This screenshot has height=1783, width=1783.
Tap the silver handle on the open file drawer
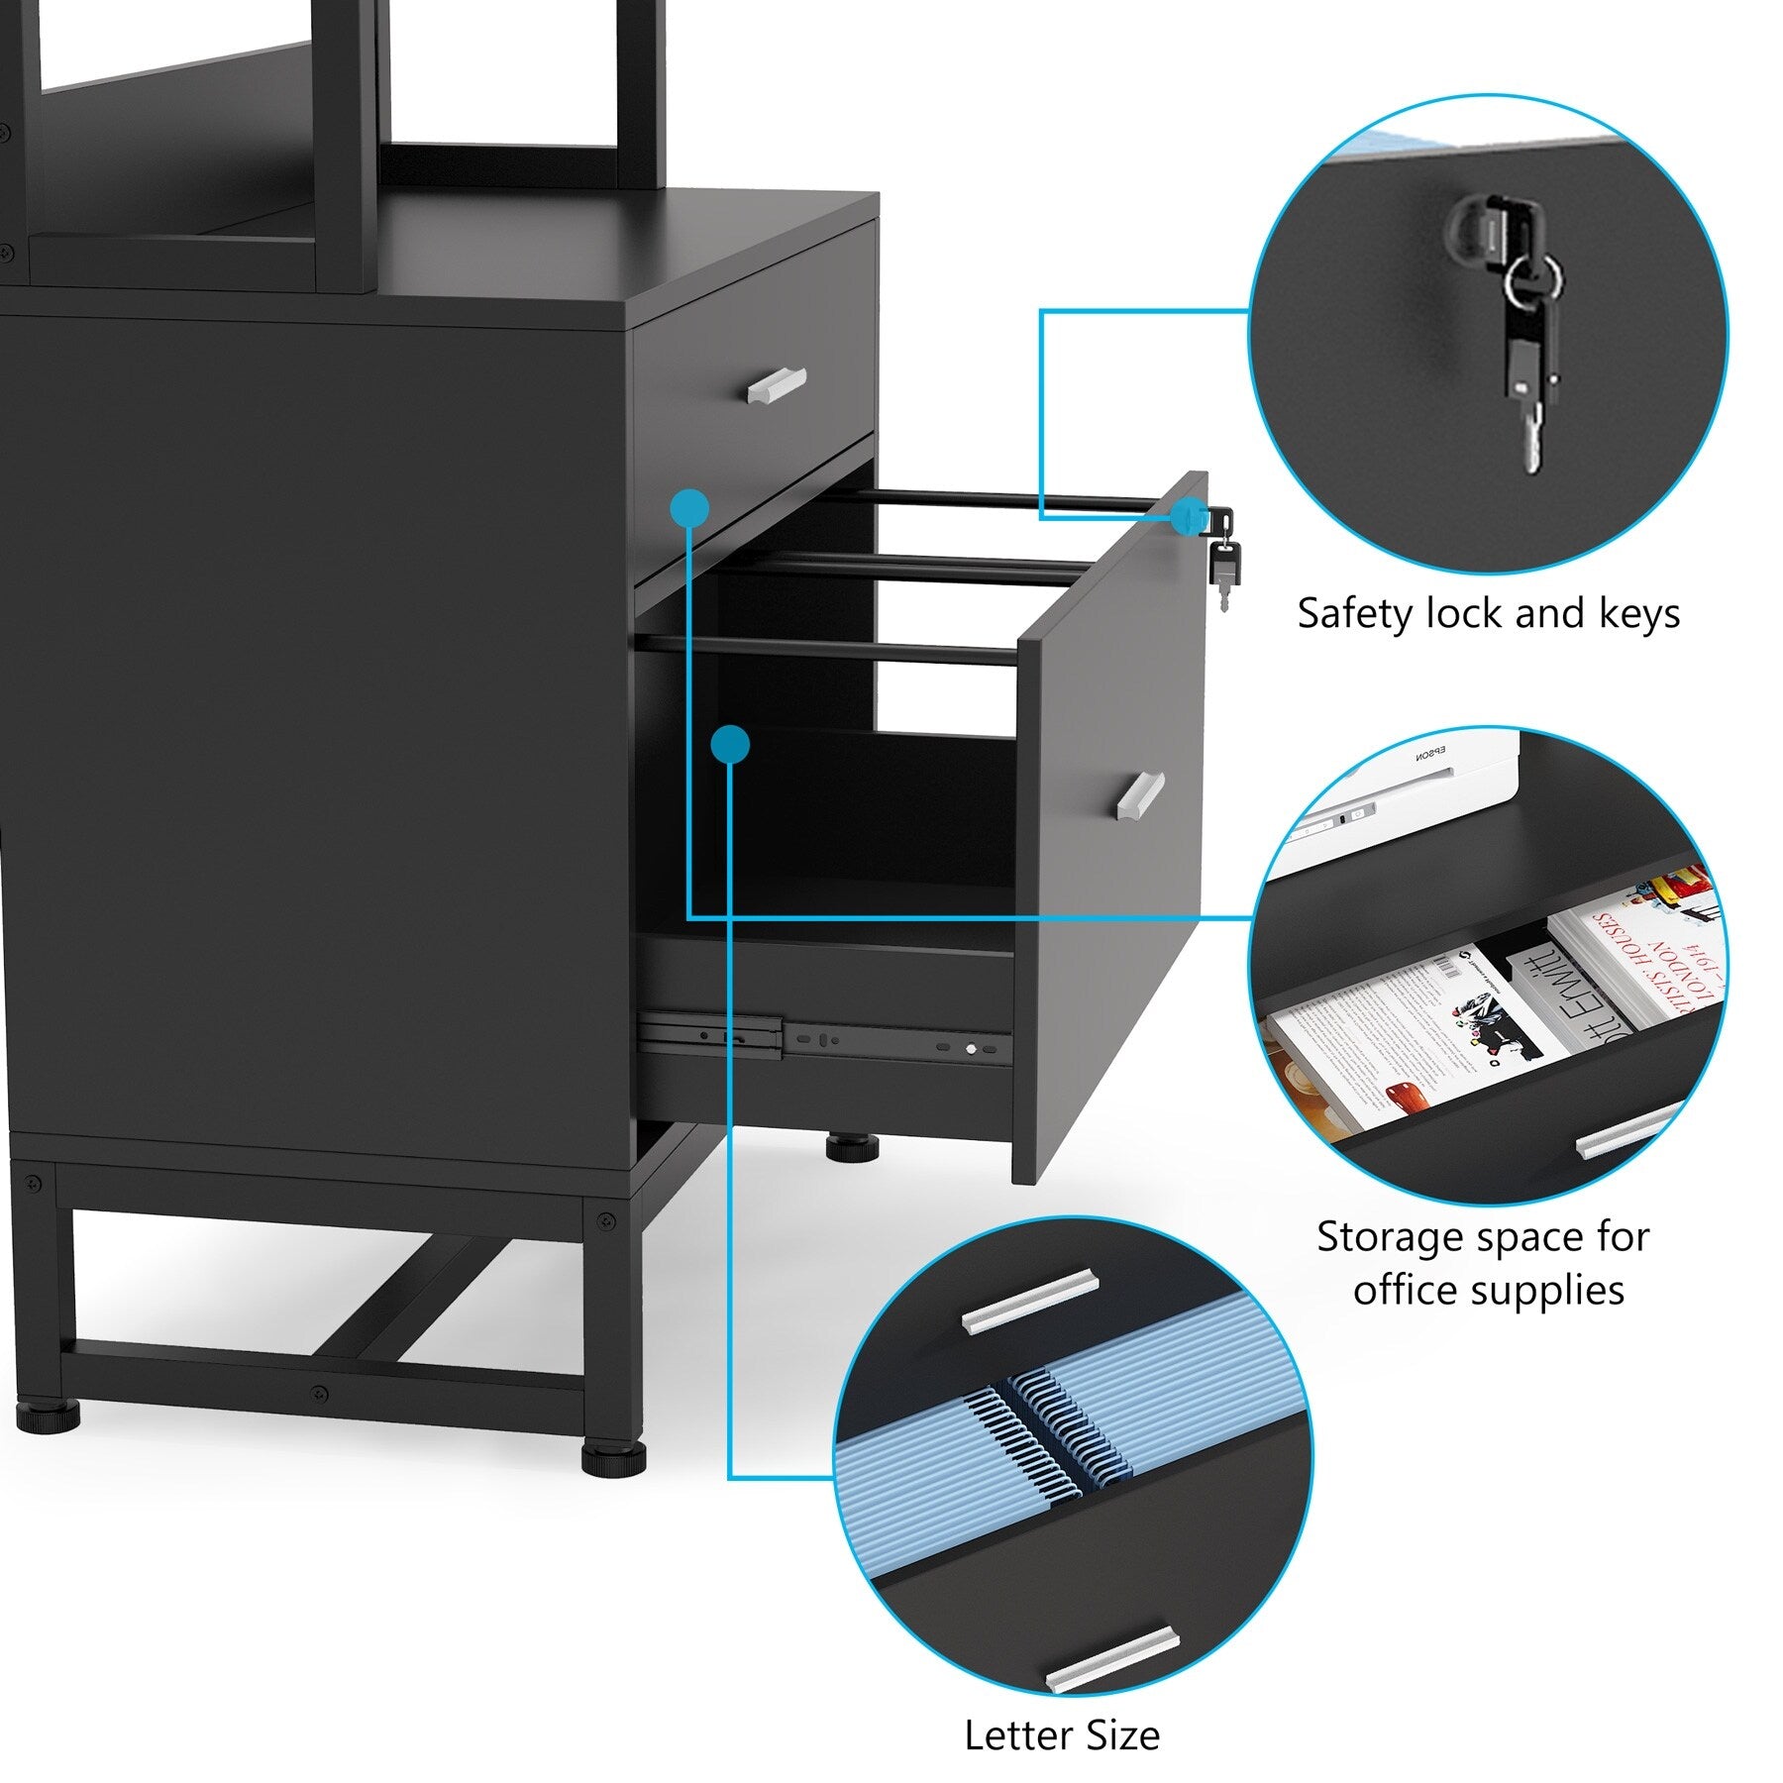pos(1141,795)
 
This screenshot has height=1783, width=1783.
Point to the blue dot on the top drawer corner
pos(689,509)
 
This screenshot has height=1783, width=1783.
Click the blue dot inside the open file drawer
pos(730,744)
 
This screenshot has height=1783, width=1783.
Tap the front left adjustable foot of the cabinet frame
pos(49,1417)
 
